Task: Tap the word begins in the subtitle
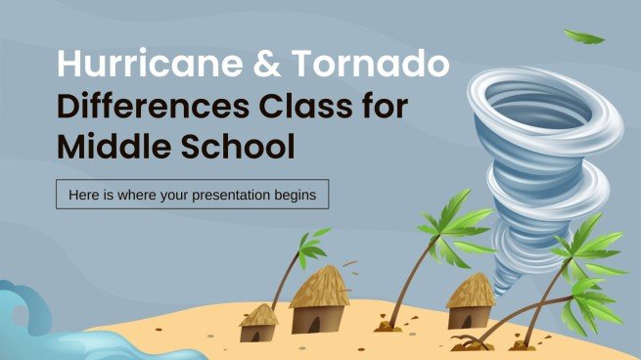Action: [x=294, y=194]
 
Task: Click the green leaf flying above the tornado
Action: [x=585, y=37]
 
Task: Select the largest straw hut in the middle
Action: [x=320, y=298]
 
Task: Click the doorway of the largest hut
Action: [x=322, y=318]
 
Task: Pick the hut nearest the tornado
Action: [x=470, y=302]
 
